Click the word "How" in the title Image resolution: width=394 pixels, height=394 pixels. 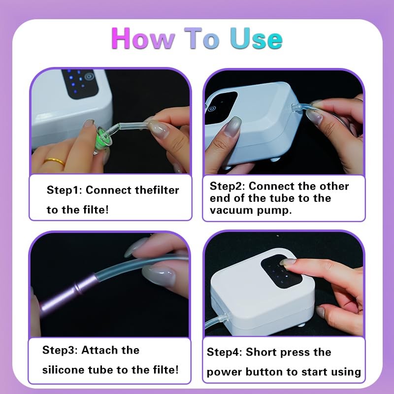point(143,38)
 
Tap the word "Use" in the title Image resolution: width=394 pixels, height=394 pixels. point(257,38)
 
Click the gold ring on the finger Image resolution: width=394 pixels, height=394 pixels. point(54,162)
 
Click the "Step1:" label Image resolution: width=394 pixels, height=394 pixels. point(65,190)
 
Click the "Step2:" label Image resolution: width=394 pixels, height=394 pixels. point(227,186)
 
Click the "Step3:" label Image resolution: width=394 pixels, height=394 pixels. point(60,350)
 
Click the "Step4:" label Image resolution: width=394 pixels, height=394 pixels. point(224,352)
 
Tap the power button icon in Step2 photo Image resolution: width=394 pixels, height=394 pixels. point(212,109)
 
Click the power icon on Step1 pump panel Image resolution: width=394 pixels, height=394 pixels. point(89,77)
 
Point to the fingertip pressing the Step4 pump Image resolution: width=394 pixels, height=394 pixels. point(285,263)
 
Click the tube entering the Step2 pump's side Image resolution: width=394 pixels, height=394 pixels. point(300,107)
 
